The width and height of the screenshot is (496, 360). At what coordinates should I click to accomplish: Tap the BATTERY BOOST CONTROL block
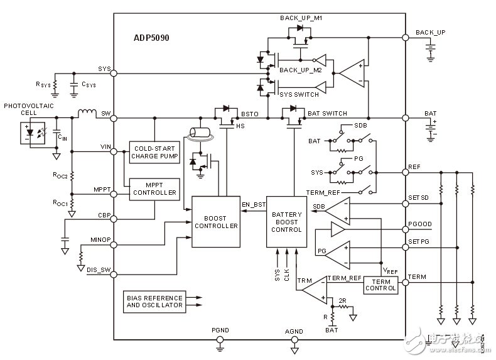click(287, 222)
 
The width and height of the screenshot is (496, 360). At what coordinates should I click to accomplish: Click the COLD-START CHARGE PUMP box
click(154, 152)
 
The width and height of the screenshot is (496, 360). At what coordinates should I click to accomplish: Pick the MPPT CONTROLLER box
click(154, 188)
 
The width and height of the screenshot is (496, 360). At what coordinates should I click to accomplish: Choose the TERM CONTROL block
click(380, 285)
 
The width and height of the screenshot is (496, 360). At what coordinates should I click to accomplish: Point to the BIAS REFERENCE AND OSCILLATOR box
click(154, 302)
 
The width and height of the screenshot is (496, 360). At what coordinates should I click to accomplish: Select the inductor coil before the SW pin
click(87, 114)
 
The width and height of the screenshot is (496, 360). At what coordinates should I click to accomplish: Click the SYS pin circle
click(114, 74)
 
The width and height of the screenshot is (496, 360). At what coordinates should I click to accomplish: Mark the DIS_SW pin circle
click(114, 273)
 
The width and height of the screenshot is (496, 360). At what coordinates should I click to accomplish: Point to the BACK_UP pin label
click(431, 31)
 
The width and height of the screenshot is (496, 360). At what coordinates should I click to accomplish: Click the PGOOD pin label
click(420, 224)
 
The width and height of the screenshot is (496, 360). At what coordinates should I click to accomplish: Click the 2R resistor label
click(343, 300)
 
